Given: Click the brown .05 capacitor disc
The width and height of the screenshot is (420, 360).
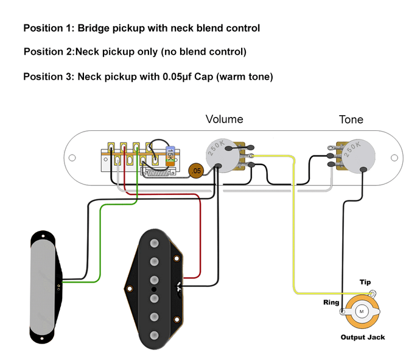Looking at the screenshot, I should click(195, 171).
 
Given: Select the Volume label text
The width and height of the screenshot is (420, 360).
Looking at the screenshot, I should click(224, 119).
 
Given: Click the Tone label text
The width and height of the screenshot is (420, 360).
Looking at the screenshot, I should click(351, 119).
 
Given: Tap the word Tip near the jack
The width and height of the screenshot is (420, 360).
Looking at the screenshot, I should click(365, 283).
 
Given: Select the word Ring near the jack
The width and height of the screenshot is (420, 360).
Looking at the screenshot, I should click(332, 302).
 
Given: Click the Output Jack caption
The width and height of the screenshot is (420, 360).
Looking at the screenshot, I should click(363, 337).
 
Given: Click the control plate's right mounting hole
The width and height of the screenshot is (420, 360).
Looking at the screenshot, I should click(393, 160).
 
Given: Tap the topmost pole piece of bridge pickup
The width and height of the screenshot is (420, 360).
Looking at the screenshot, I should click(155, 245).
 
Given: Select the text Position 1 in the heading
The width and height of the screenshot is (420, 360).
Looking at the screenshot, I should click(46, 28).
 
